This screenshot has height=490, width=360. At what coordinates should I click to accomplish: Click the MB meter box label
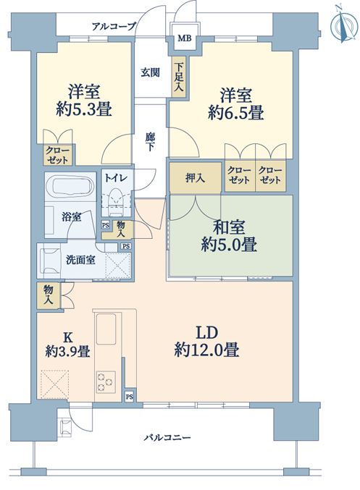pos(184,38)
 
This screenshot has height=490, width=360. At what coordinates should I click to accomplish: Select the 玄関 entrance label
pos(150,72)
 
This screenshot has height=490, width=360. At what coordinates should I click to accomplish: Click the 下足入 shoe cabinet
pos(179,77)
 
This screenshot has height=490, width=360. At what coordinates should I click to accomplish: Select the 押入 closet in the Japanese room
pos(196,177)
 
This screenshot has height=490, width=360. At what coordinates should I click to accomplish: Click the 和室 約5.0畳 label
pos(229,236)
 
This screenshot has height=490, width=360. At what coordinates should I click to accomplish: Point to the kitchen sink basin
pos(106,329)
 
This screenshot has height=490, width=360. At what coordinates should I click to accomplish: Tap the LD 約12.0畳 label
pos(206,342)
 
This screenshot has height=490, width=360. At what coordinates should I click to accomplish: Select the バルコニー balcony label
pos(167,437)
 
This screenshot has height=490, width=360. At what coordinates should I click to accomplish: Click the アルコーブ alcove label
pos(114,26)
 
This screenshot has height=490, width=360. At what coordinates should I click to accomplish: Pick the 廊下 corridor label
pos(150,142)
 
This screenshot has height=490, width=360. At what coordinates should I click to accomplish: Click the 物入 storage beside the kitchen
pos(49,295)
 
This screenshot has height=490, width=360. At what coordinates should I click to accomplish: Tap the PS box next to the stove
pos(130,397)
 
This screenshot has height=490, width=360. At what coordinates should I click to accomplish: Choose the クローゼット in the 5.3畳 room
pos(59,155)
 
